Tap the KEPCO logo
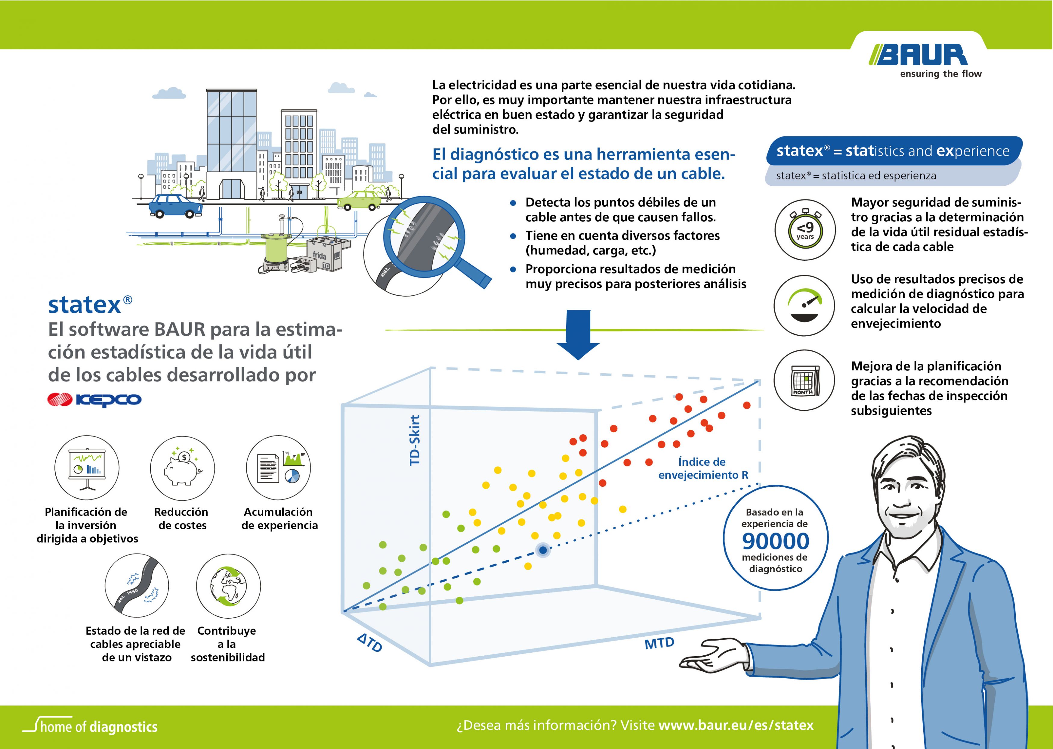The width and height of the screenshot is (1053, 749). point(94,399)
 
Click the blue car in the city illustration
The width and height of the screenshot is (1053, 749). point(175,206)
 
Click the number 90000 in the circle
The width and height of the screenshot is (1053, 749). point(776,541)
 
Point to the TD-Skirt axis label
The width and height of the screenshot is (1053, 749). point(415,440)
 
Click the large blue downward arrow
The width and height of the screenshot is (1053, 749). point(578,335)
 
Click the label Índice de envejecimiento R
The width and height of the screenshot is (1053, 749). point(703,468)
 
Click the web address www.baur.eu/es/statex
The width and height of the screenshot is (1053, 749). point(736,725)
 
